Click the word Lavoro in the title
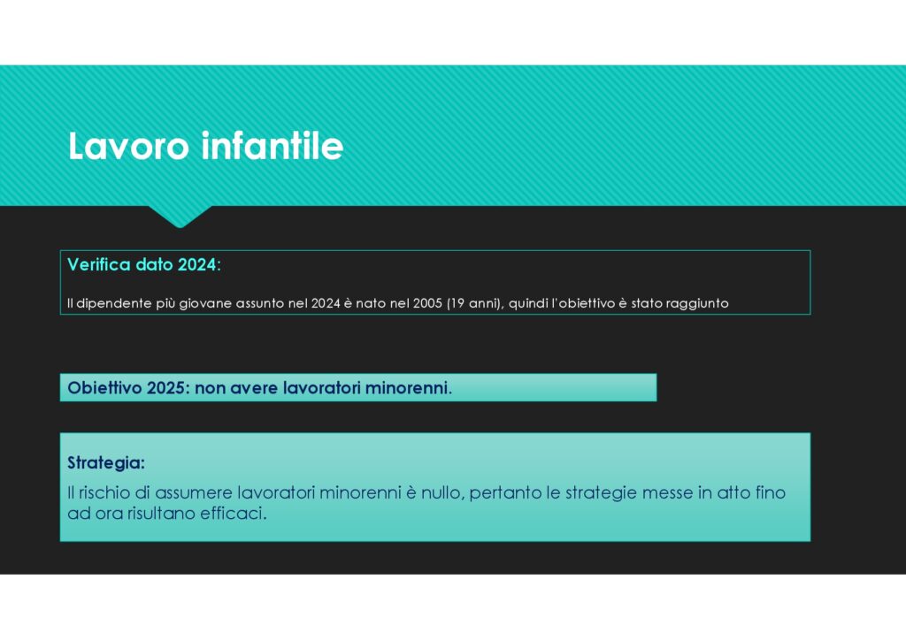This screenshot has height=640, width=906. tap(128, 146)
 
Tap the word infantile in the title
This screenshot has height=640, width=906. tap(273, 146)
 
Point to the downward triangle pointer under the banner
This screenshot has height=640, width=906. tap(180, 217)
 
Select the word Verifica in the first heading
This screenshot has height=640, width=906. tap(99, 264)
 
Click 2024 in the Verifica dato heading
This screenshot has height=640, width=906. tap(196, 264)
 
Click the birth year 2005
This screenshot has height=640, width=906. tap(427, 303)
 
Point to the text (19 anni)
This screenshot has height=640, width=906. tap(475, 303)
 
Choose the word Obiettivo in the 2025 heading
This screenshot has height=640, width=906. tap(104, 388)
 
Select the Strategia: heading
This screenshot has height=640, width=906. tap(106, 463)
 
